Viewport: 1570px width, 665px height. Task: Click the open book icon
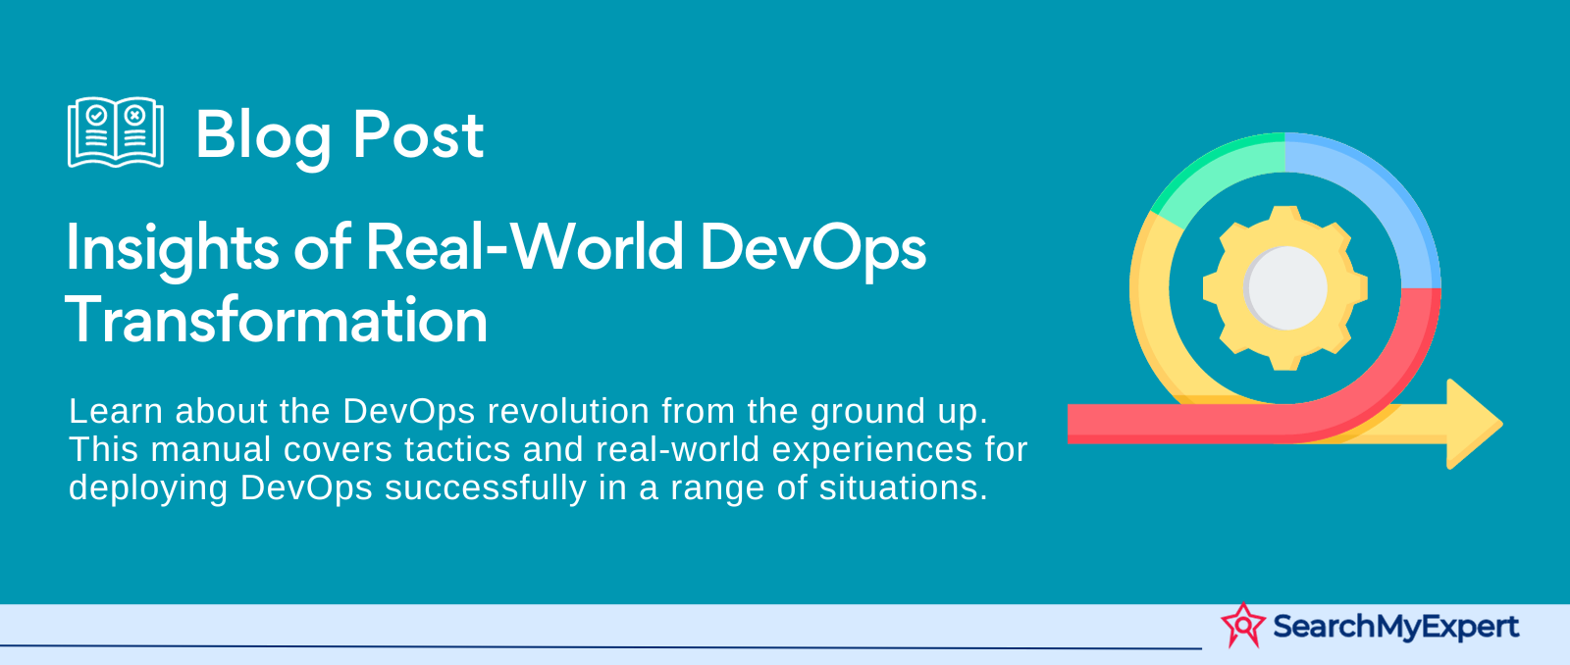116,132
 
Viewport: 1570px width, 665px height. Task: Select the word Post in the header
418,133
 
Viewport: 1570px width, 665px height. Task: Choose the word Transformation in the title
276,320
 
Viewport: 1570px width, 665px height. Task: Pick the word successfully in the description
485,488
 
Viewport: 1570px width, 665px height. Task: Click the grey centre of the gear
1285,288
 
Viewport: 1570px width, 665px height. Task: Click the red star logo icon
1243,625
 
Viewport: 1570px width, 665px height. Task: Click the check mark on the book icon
97,114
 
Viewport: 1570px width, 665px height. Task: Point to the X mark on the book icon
135,114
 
